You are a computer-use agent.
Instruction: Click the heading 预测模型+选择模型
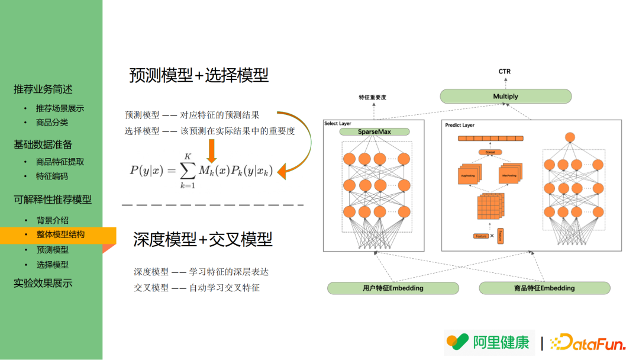point(199,75)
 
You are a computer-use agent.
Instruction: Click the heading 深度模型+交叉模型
point(203,239)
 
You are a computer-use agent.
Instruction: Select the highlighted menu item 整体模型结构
point(60,234)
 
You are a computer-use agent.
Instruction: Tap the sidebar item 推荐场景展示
point(60,108)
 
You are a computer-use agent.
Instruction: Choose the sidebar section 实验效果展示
point(43,283)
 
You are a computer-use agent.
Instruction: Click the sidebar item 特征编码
point(52,176)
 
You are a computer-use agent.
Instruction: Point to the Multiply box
point(505,97)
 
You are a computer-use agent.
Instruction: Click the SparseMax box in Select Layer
point(375,131)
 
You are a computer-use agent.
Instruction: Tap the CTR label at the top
point(504,72)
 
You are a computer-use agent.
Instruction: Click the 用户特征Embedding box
point(393,288)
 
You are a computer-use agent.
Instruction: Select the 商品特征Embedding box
point(544,288)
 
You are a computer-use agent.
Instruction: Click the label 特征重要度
point(372,97)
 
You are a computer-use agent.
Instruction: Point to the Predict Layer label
point(460,126)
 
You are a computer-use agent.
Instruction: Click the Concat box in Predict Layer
point(490,152)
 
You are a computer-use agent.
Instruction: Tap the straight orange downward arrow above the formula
point(211,152)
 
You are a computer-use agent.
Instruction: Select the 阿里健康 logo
point(489,342)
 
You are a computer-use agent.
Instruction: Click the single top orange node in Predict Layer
point(570,137)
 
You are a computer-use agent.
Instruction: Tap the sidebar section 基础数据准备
point(43,144)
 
